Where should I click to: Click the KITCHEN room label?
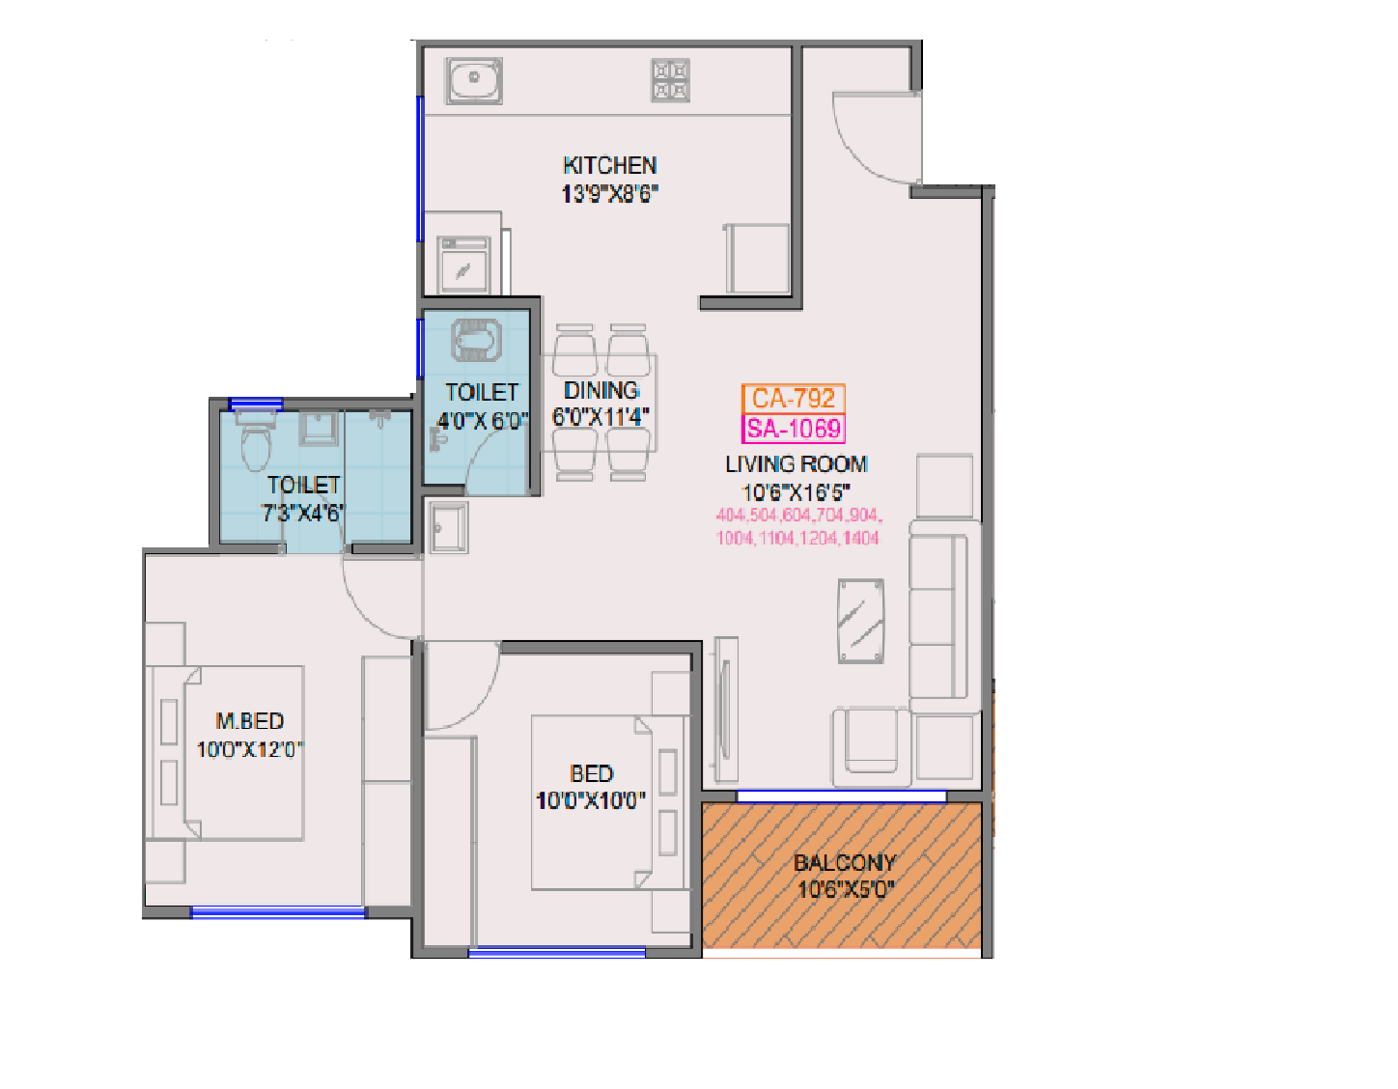click(x=609, y=165)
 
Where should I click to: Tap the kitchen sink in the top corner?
click(x=473, y=80)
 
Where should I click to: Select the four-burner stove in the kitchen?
click(x=670, y=80)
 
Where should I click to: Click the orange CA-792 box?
click(x=793, y=398)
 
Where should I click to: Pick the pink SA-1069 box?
click(x=794, y=429)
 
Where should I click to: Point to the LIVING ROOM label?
click(x=796, y=464)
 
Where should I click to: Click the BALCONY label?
click(x=845, y=862)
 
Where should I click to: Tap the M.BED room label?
click(x=250, y=721)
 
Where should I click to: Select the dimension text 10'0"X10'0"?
click(x=590, y=800)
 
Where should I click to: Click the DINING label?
click(x=601, y=391)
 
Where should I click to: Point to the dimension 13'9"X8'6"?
click(x=609, y=193)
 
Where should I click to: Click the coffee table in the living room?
click(x=860, y=621)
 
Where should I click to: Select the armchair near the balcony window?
click(x=872, y=741)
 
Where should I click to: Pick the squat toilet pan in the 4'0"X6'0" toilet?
click(x=476, y=339)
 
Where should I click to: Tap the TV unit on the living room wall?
click(x=726, y=710)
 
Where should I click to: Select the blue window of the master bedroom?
click(x=278, y=911)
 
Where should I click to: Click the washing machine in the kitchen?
click(x=464, y=265)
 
